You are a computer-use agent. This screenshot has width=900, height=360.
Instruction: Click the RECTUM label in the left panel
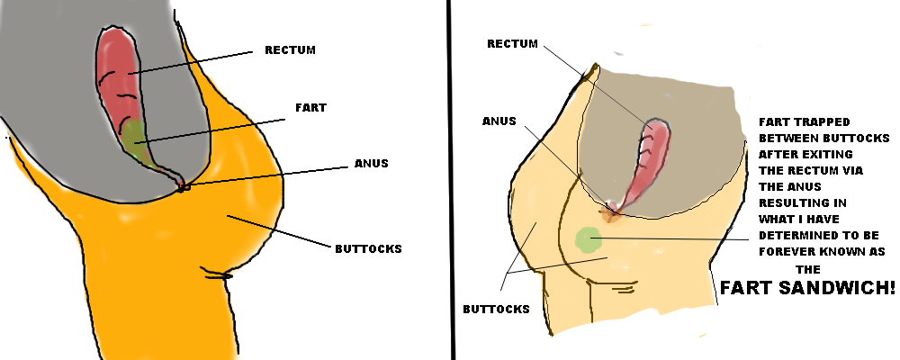pyautogui.click(x=290, y=49)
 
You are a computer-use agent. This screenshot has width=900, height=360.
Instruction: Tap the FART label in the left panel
pyautogui.click(x=310, y=107)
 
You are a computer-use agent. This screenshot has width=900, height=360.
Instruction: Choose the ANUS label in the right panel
pyautogui.click(x=499, y=121)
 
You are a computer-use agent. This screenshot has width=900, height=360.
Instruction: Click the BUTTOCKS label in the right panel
pyautogui.click(x=496, y=309)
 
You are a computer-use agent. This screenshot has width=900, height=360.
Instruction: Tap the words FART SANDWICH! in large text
pyautogui.click(x=806, y=289)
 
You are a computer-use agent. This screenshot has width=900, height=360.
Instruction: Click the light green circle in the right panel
pyautogui.click(x=587, y=238)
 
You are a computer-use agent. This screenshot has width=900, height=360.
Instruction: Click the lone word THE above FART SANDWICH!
pyautogui.click(x=809, y=268)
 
